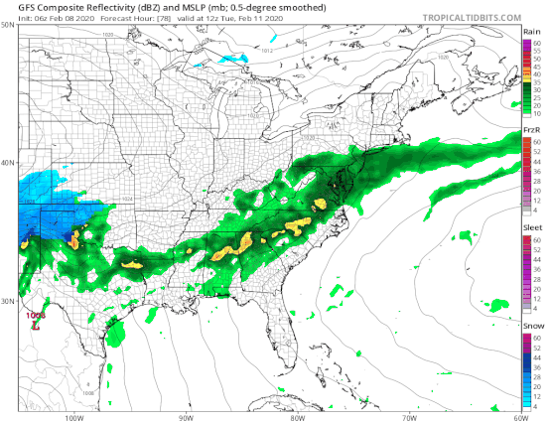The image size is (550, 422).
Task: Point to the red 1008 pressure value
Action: pyautogui.click(x=37, y=314)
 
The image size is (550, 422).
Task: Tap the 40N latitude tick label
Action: pyautogui.click(x=9, y=163)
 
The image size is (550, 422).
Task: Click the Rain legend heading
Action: pyautogui.click(x=531, y=33)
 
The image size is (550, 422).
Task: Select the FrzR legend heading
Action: pyautogui.click(x=531, y=130)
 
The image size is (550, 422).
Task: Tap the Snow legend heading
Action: pyautogui.click(x=531, y=325)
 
